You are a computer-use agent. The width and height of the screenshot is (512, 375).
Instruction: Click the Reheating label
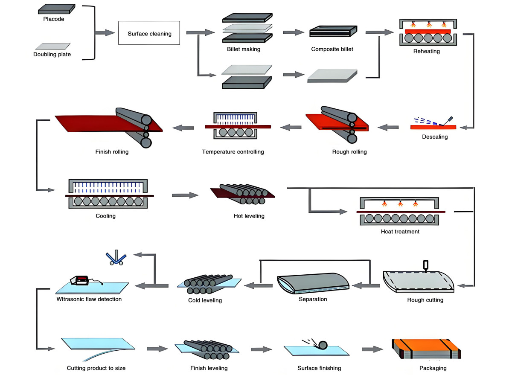tap(426, 51)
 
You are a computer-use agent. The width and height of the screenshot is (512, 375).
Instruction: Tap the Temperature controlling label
tap(233, 151)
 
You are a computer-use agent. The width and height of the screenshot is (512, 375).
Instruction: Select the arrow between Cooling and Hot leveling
tap(185, 195)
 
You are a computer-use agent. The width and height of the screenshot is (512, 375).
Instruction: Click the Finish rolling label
tap(112, 151)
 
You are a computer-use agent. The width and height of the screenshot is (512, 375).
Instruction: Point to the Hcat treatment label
tap(400, 232)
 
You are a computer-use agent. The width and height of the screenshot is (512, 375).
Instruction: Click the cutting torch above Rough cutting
tap(425, 266)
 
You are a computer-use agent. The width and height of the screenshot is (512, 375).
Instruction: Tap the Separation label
tap(313, 299)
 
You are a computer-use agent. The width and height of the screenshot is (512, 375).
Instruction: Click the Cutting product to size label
tap(96, 368)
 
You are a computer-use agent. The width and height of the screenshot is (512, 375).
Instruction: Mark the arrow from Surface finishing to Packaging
tap(372, 349)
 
